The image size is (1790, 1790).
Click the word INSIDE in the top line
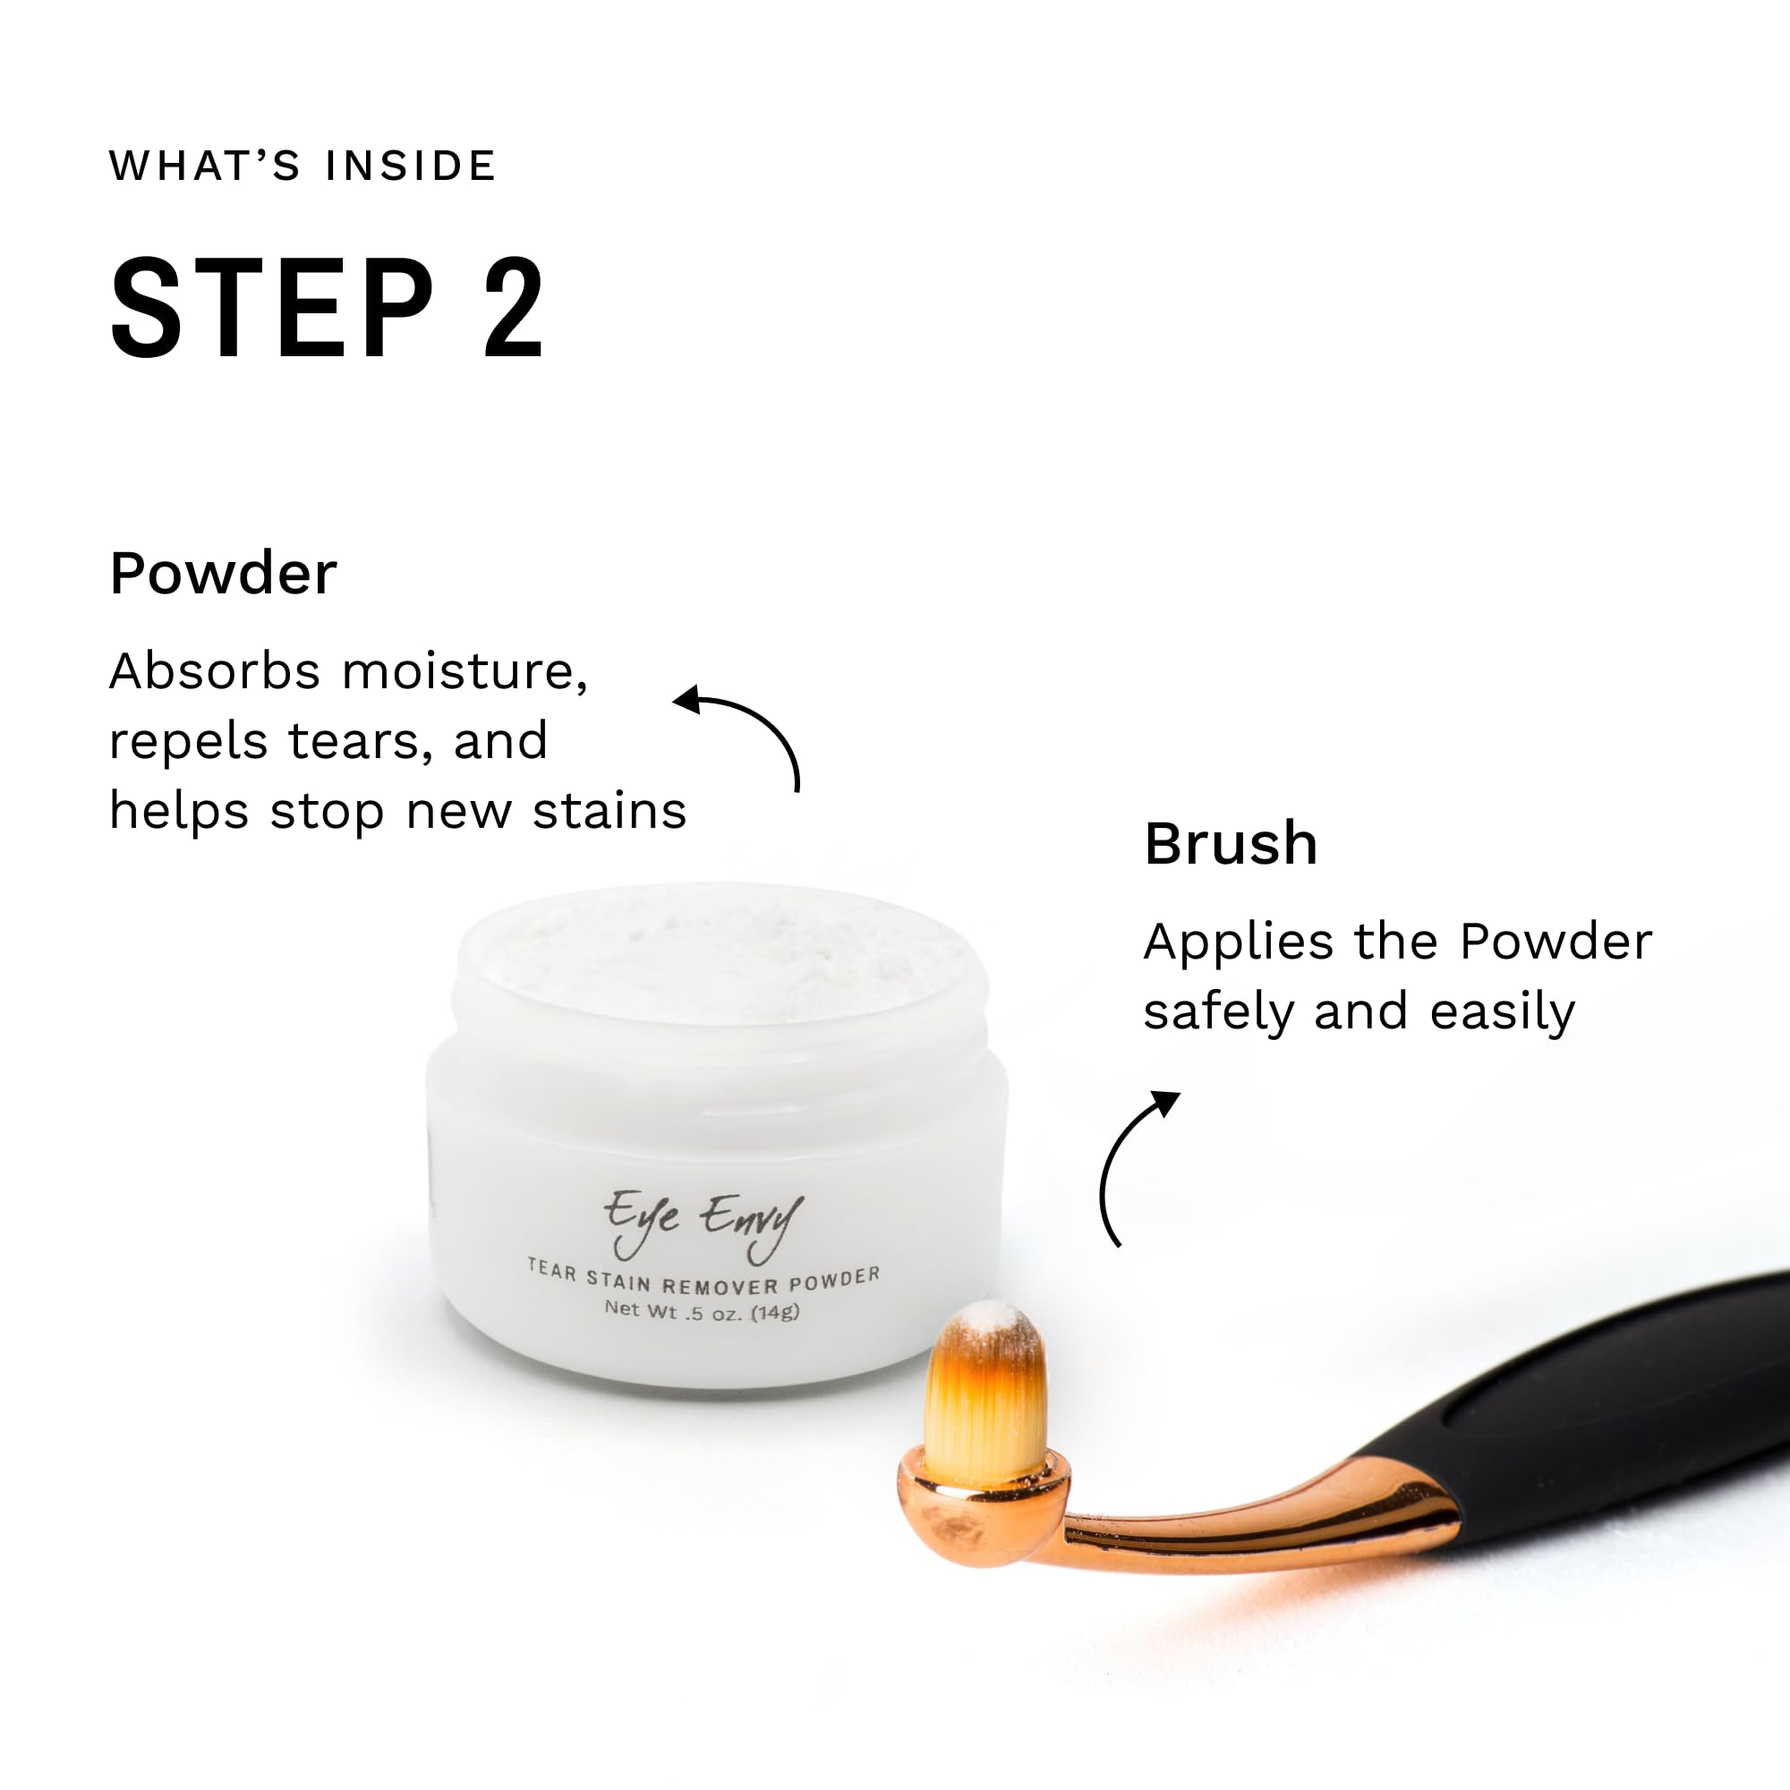[411, 166]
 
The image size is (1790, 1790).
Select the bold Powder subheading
[223, 573]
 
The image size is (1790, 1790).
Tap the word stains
[609, 811]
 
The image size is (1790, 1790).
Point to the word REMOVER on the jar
[720, 1285]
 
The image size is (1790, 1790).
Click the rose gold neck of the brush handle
[1260, 1529]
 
